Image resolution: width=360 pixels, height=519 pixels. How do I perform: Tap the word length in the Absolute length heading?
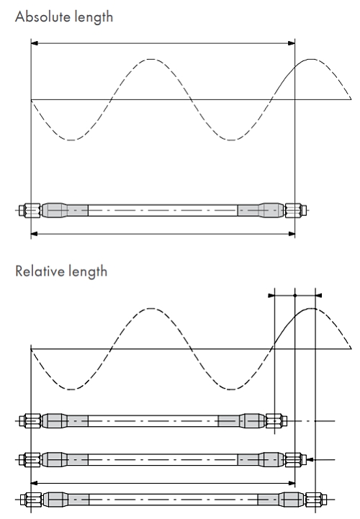(94, 17)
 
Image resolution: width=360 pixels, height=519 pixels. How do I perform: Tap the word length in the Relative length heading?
(88, 272)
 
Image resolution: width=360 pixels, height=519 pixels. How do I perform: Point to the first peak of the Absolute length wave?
(151, 60)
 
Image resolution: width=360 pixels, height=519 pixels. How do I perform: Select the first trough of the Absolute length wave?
(71, 140)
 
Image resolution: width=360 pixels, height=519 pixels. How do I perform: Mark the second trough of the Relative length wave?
(231, 389)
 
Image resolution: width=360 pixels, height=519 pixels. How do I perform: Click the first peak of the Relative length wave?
(151, 309)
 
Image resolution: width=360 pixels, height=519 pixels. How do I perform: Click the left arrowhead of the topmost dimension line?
(34, 43)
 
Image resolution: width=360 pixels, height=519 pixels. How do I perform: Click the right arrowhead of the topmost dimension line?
(292, 43)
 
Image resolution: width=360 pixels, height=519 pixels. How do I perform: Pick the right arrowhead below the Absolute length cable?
(292, 234)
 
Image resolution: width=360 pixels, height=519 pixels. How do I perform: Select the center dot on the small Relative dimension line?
(294, 295)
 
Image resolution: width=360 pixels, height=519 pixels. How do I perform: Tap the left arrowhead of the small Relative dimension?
(271, 295)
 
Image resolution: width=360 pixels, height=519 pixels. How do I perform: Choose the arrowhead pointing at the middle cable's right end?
(310, 459)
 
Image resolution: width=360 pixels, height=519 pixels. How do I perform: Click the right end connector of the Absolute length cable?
(296, 210)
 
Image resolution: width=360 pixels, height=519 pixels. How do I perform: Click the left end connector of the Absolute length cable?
(30, 210)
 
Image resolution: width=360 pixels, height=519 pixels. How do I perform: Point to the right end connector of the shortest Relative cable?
(276, 420)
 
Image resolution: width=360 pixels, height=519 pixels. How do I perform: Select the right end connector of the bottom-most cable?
(316, 500)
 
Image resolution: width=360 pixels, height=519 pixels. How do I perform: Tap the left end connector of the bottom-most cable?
(31, 500)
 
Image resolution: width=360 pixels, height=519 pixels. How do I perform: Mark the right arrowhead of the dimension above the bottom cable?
(292, 483)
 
